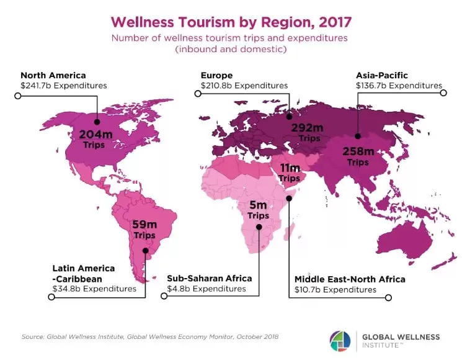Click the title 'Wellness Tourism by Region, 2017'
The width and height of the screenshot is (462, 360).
tap(231, 22)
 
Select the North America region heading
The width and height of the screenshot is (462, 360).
tap(53, 75)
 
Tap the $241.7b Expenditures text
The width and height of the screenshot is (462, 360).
tap(64, 86)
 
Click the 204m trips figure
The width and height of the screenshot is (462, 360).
tap(96, 133)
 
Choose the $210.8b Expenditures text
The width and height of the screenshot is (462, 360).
tap(244, 86)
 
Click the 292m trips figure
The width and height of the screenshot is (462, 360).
tap(306, 128)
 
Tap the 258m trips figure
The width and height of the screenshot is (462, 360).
tap(358, 151)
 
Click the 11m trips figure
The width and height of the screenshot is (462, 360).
tap(290, 168)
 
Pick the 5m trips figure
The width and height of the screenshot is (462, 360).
tap(259, 205)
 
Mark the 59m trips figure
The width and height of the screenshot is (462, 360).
tap(144, 225)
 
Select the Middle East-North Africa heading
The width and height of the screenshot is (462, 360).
tap(350, 279)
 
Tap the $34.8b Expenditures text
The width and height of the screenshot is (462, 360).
tap(94, 289)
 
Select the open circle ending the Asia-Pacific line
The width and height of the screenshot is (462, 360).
tap(443, 93)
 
